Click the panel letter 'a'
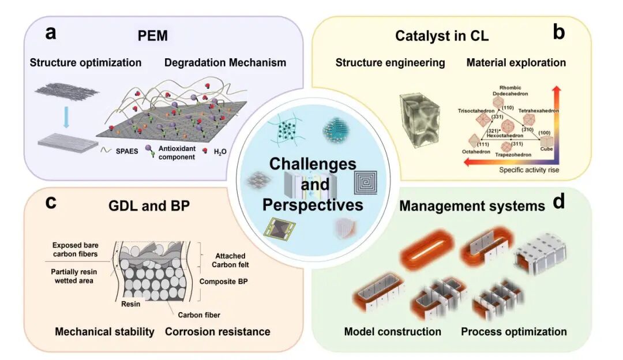pyautogui.click(x=51, y=33)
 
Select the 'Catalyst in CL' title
pyautogui.click(x=442, y=36)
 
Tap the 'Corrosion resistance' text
pyautogui.click(x=218, y=332)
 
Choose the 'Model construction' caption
pyautogui.click(x=393, y=332)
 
